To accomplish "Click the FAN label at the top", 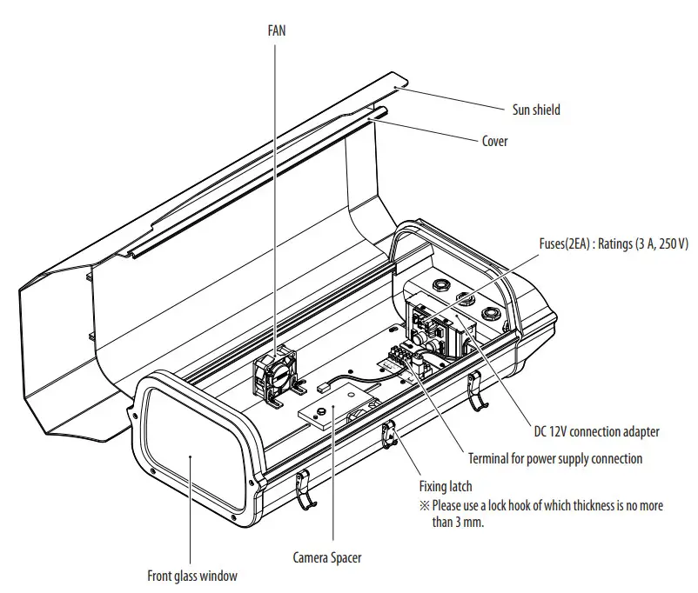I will pos(276,30).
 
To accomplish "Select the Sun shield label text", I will pos(535,110).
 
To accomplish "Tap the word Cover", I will pos(494,141).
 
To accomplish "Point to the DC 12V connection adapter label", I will pos(596,431).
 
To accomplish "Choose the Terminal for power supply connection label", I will pos(555,458).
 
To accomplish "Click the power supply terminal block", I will pos(403,359).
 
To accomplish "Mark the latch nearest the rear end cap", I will pos(474,391).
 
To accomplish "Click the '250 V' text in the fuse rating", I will pos(672,245).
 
